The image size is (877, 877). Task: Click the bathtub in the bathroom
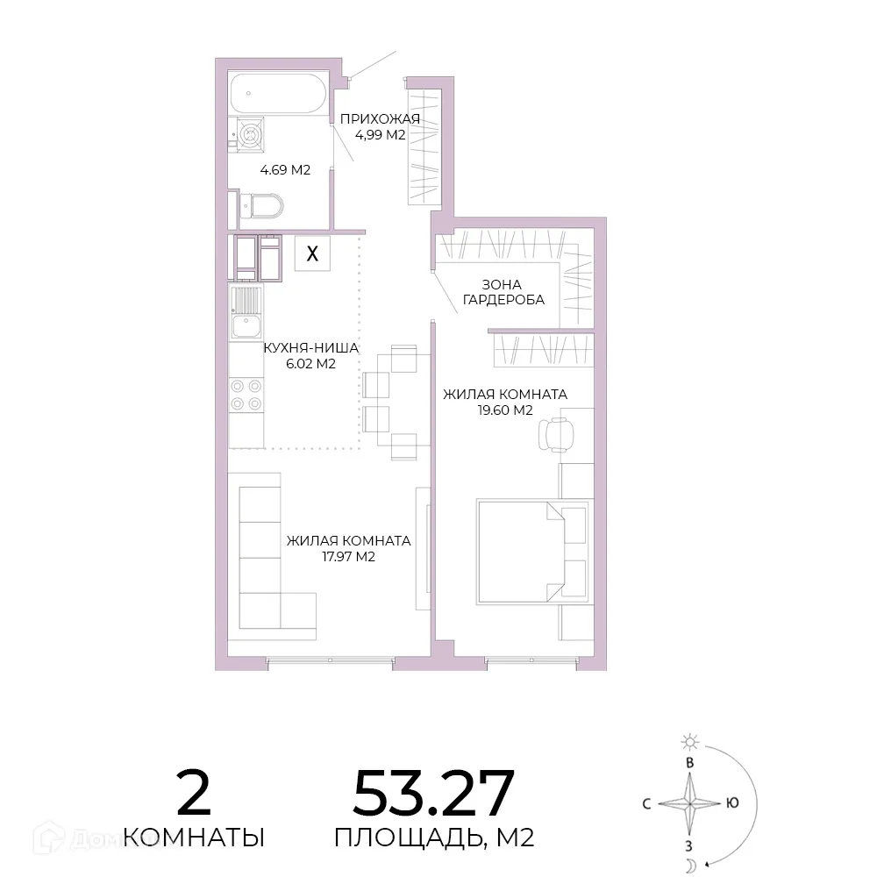tap(279, 94)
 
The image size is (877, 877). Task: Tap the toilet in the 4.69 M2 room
tap(261, 205)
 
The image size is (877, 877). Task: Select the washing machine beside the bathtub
tap(249, 134)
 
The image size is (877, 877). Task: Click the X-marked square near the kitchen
tap(313, 253)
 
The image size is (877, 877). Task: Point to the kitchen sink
tap(246, 313)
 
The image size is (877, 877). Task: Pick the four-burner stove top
tap(246, 395)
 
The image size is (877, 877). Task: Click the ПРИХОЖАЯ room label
tap(380, 118)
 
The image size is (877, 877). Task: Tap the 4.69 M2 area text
tap(285, 169)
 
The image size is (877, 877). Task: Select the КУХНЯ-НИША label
tap(311, 348)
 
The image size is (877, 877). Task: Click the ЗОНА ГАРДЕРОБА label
tap(503, 293)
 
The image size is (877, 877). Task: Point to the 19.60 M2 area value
tap(505, 410)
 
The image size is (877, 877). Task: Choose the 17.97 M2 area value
tap(348, 557)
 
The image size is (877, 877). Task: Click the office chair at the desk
tap(556, 434)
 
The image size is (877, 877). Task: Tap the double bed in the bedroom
tap(534, 552)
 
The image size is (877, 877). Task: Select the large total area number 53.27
tap(433, 793)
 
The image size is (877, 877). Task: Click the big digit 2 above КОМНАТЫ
tap(194, 793)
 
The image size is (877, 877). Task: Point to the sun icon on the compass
tap(690, 742)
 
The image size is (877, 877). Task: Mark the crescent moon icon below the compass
tap(691, 866)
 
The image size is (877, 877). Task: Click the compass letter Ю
tap(732, 803)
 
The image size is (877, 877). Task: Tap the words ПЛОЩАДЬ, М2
tap(434, 838)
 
